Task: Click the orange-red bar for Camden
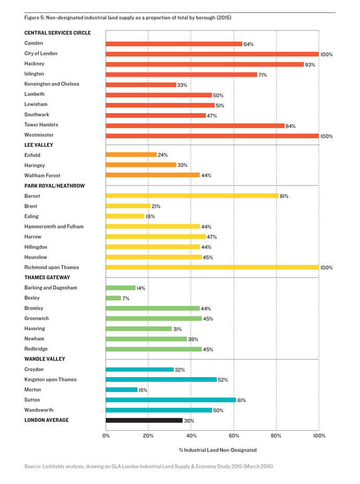(x=174, y=44)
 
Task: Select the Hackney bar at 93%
(x=205, y=64)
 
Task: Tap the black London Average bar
(x=144, y=420)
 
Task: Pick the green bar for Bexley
(x=113, y=298)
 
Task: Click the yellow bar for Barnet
(x=192, y=196)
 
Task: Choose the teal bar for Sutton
(x=171, y=400)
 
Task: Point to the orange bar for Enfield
(x=131, y=155)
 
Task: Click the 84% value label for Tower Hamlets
(x=291, y=126)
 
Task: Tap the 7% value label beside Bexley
(x=126, y=298)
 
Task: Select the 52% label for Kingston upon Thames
(x=223, y=380)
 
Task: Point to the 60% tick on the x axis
(x=234, y=435)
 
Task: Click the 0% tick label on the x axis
(x=106, y=435)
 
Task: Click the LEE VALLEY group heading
(x=39, y=145)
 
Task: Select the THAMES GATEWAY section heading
(x=47, y=277)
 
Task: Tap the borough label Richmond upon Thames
(x=52, y=268)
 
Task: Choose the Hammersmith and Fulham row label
(x=54, y=226)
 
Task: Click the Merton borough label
(x=33, y=390)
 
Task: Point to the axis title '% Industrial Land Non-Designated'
(x=218, y=450)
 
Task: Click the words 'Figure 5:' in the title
(x=34, y=18)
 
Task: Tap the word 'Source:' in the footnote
(x=33, y=466)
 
